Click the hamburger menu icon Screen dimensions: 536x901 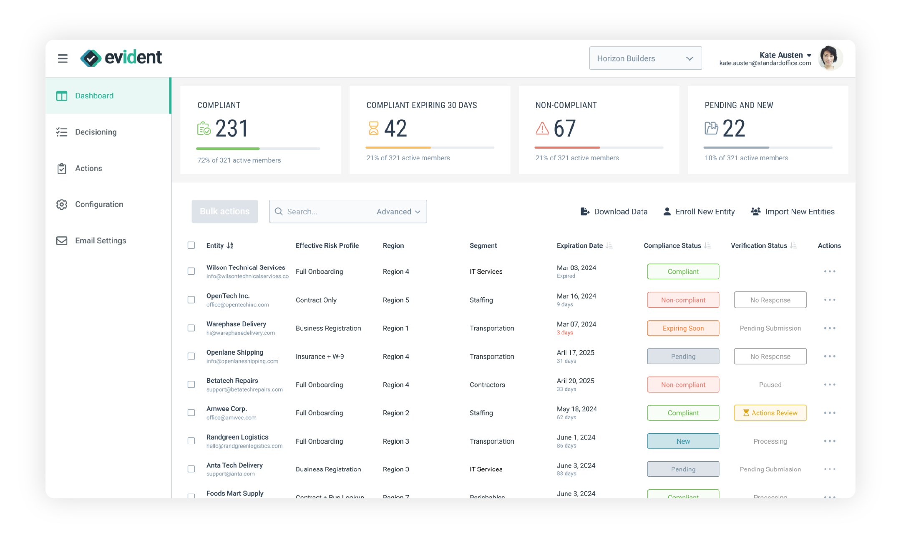(x=63, y=58)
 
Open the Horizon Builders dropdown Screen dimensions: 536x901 (x=645, y=58)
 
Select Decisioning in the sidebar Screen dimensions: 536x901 (x=96, y=132)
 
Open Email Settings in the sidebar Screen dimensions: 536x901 (x=100, y=241)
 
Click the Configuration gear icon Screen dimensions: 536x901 (x=62, y=205)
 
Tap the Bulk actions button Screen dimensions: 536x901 (x=224, y=212)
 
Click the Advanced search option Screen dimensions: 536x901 (x=398, y=212)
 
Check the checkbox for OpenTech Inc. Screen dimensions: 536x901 (x=191, y=300)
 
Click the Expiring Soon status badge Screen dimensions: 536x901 (x=683, y=328)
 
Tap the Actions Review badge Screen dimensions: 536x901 (x=770, y=413)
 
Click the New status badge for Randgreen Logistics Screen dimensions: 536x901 (x=683, y=441)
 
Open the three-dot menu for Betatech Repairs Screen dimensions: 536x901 (x=829, y=384)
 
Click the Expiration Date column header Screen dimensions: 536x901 (x=580, y=246)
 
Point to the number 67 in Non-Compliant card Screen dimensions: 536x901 (x=565, y=128)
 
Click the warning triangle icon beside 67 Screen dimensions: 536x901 (x=542, y=128)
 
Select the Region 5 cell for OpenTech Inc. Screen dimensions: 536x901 (x=396, y=300)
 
